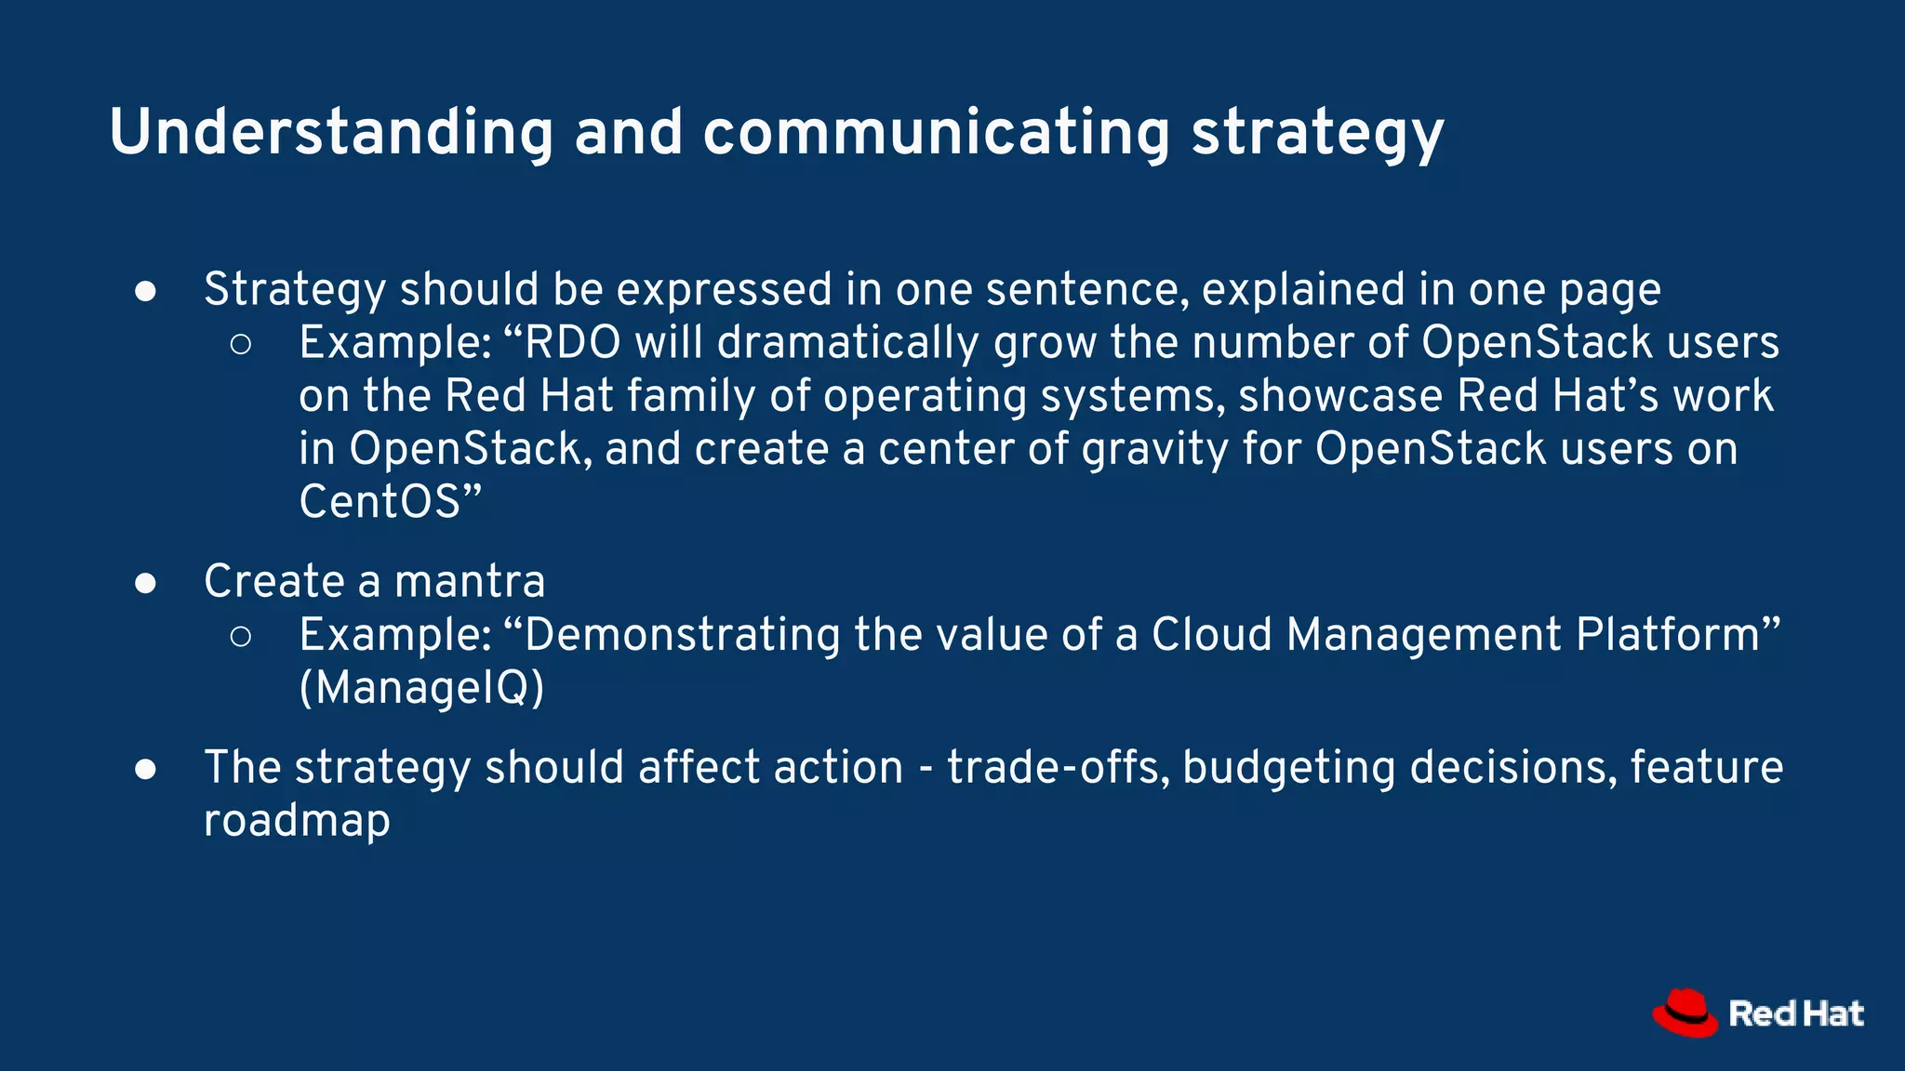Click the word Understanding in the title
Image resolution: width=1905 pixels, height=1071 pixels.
click(331, 132)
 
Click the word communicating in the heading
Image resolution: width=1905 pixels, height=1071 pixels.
click(936, 132)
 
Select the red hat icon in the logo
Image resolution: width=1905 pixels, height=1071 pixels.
click(1685, 1012)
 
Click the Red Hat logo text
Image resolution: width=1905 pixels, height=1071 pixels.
click(1795, 1013)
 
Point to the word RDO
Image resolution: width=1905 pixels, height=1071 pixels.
click(573, 342)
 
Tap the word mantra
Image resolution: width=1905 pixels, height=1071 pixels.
click(469, 582)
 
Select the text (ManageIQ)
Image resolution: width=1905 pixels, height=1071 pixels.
click(421, 689)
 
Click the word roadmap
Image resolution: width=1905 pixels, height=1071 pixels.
click(297, 822)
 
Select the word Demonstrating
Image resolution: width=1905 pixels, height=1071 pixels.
click(683, 635)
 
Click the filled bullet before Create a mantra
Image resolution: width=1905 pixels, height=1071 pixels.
click(145, 583)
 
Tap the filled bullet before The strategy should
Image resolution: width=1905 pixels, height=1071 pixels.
click(145, 769)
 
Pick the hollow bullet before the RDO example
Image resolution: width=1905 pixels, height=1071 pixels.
click(240, 344)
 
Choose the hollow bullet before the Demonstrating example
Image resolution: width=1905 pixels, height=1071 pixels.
click(240, 636)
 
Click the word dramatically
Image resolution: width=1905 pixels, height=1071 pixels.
click(847, 342)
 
